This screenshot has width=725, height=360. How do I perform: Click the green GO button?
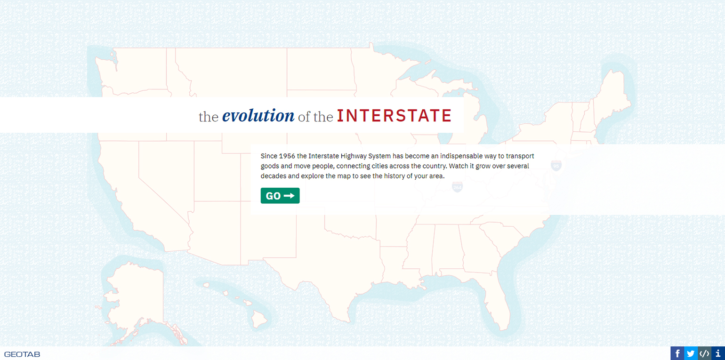(280, 196)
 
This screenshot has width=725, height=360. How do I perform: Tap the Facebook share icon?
(677, 353)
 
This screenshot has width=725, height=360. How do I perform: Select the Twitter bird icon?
(691, 353)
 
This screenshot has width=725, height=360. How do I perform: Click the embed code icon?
(704, 353)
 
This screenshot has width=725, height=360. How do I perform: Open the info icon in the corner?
(718, 353)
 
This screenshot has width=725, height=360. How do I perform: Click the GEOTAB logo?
(22, 354)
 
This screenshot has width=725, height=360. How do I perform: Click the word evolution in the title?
(258, 115)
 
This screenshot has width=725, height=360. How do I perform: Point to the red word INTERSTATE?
(395, 116)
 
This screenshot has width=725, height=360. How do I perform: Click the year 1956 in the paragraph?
(287, 156)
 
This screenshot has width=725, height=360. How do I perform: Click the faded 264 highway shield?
(457, 186)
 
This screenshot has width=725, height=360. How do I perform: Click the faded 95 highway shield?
(556, 165)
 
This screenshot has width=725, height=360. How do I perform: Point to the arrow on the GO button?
(289, 196)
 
